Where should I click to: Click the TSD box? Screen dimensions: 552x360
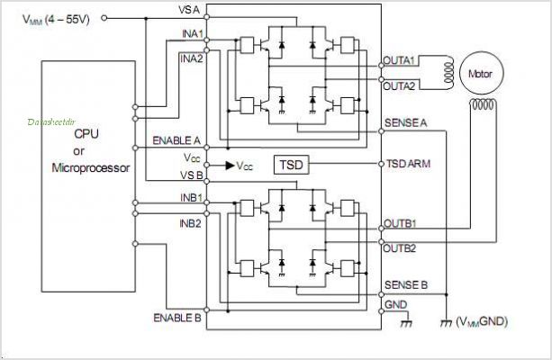292,165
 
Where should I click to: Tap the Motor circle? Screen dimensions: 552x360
481,74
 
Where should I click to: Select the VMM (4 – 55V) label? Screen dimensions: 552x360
56,19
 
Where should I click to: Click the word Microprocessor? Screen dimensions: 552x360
91,168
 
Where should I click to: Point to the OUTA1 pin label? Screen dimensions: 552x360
399,60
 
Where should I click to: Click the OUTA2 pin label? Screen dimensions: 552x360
399,86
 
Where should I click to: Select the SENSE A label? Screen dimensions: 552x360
405,122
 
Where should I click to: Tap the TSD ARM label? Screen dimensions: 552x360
408,164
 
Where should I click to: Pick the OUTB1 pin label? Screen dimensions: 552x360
400,223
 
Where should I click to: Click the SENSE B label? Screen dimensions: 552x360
406,284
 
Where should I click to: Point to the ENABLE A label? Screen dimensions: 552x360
176,140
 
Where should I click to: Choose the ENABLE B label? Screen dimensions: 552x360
177,318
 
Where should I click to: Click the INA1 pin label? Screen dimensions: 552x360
193,34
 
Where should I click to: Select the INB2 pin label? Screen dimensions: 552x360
191,223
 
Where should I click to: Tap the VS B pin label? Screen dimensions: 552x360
192,175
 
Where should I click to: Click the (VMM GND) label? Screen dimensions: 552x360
482,321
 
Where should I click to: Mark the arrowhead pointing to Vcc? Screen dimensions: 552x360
230,165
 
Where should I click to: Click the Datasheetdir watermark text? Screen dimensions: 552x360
51,122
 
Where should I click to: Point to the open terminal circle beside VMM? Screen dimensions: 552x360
104,18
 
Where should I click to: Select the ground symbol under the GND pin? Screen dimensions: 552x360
406,323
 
